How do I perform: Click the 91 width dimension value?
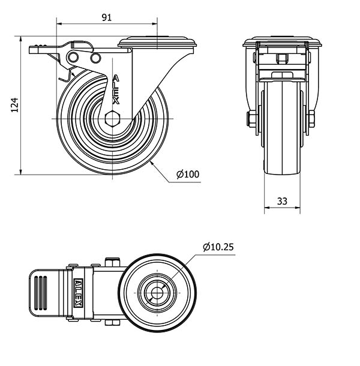tap(107, 17)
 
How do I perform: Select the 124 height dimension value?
tap(15, 105)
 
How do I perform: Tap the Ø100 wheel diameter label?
tap(188, 175)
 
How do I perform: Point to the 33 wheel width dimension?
tap(282, 201)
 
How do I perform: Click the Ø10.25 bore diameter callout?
tap(218, 247)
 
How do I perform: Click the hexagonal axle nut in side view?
tap(112, 119)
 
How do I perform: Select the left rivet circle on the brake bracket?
tap(74, 57)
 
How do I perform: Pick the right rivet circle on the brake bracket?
tap(95, 58)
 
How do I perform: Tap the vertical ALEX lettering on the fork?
tap(116, 89)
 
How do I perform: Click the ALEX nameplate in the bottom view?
tap(78, 293)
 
